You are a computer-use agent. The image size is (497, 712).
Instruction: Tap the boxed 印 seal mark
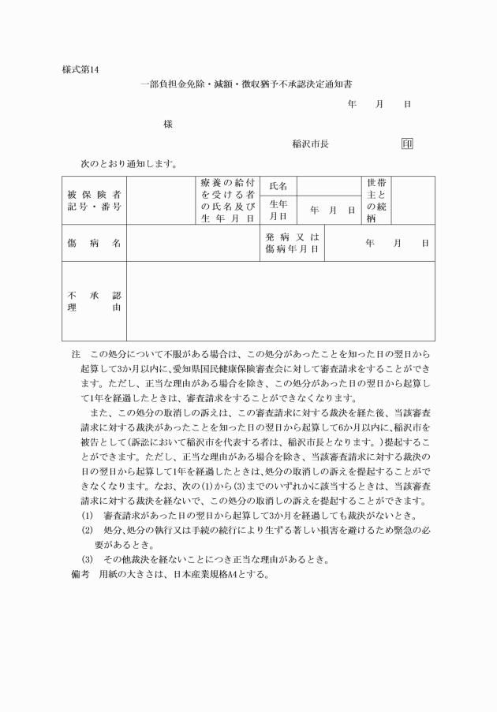point(407,144)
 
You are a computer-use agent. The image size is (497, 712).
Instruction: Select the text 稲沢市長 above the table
point(310,144)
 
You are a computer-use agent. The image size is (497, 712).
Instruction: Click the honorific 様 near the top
point(168,124)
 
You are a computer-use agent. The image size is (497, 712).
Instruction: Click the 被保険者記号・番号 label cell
point(94,200)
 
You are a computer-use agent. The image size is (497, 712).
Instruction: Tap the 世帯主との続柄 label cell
point(375,200)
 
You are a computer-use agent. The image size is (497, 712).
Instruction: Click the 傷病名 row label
point(94,243)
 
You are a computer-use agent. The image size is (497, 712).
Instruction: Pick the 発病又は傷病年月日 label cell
point(292,243)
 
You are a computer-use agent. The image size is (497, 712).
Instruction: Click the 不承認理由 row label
point(94,301)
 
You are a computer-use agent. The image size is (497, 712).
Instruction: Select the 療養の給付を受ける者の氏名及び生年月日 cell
point(227,200)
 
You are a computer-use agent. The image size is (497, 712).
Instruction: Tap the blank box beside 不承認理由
point(280,301)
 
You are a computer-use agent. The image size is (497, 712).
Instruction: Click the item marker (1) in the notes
point(88,516)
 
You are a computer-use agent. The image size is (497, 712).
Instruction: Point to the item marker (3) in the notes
point(88,560)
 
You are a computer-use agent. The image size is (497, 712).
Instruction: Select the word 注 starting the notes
point(76,356)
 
